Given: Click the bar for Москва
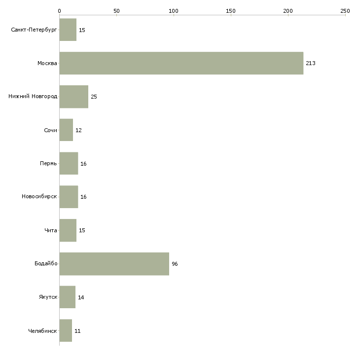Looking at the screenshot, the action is click(181, 63).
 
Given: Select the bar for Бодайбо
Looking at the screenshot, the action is click(114, 264).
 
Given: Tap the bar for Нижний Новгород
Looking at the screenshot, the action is click(74, 97).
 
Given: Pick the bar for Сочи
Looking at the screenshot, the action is click(67, 130).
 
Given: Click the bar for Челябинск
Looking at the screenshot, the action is click(66, 330).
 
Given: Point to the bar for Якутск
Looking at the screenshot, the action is click(68, 297).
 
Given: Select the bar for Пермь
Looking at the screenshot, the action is click(69, 163).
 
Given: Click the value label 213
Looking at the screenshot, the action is click(311, 63).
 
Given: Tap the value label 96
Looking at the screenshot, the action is click(175, 264).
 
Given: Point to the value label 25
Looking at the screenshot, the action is click(94, 97).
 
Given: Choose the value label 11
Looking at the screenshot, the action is click(77, 331).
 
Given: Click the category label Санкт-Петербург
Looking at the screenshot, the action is click(34, 30).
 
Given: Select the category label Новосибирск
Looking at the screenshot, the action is click(39, 197).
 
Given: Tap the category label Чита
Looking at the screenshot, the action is click(51, 230).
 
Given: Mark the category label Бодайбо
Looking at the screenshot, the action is click(46, 263).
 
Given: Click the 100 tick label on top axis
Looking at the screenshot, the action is click(174, 11).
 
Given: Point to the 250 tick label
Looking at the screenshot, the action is click(345, 11).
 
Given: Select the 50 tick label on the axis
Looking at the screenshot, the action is click(117, 11).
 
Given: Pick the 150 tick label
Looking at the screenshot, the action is click(231, 11).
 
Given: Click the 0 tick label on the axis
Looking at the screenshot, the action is click(60, 11).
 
